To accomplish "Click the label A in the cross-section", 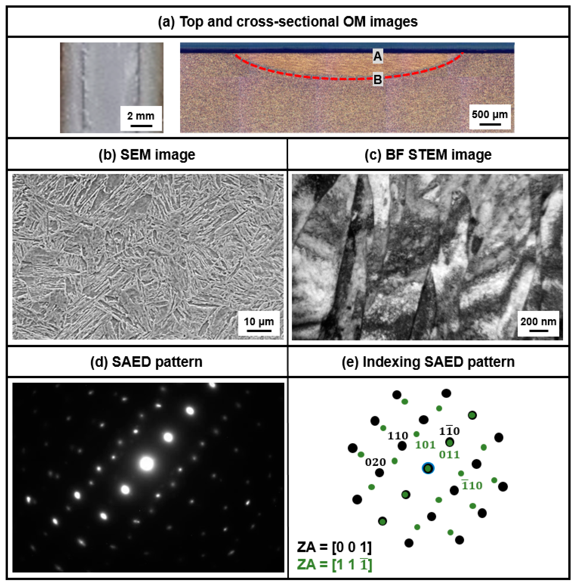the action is click(x=377, y=56).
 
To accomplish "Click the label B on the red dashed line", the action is click(x=377, y=80).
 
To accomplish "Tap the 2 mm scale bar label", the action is click(x=141, y=116).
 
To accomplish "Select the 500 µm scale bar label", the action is click(x=490, y=115).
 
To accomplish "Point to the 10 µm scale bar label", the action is click(x=259, y=321).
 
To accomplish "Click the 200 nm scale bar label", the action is click(x=538, y=321).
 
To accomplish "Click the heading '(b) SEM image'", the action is click(x=147, y=154).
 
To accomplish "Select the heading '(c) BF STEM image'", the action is click(x=428, y=154).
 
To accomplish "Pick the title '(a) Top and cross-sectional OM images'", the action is click(x=288, y=22).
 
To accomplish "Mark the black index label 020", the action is click(x=375, y=462).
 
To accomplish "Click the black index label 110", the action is click(x=398, y=436).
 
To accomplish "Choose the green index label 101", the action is click(x=425, y=445).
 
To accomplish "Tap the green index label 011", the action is click(x=449, y=455).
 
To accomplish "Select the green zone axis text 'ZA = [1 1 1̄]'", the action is click(x=334, y=564).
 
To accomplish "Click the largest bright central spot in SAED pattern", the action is click(x=147, y=464).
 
